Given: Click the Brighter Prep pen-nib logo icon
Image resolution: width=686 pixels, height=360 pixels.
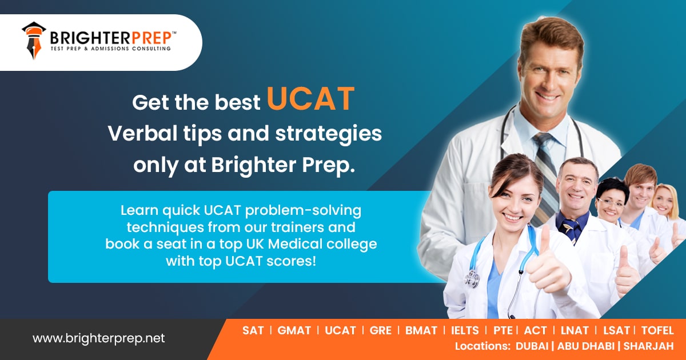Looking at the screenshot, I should coord(34,41).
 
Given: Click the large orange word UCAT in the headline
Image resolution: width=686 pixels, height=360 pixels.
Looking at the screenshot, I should coord(310,99).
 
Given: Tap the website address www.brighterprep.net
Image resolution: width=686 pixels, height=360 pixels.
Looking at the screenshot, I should coord(98,338).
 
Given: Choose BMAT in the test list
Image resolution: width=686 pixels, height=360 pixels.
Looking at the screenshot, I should coord(421,330).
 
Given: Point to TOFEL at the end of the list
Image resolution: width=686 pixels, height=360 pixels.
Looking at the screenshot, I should coord(657,330).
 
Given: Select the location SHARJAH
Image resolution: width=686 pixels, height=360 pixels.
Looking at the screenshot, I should coord(648,346).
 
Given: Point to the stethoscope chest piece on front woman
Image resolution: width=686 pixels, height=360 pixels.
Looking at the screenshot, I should coord(473,279).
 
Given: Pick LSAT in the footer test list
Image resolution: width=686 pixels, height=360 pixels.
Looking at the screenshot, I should coord(615,330).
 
